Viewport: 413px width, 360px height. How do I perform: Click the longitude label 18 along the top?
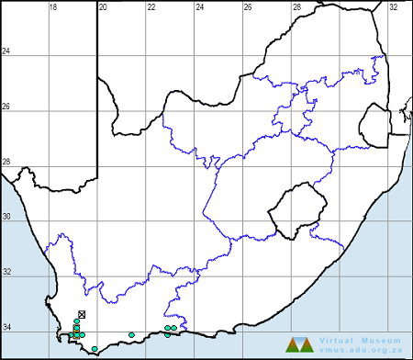click(53, 6)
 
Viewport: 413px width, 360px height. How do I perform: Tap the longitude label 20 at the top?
click(103, 6)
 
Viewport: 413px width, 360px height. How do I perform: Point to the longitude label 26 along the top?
click(248, 6)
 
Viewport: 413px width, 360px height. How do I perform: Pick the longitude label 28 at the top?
click(296, 6)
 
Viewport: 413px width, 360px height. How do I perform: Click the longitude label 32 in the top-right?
click(393, 6)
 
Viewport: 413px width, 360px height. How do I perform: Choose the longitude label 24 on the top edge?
click(199, 6)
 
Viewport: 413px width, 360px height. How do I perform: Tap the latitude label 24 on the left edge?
click(6, 51)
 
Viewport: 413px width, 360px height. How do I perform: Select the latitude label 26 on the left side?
click(6, 107)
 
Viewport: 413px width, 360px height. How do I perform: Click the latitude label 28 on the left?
click(6, 162)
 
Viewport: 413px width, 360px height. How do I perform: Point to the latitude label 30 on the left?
click(6, 218)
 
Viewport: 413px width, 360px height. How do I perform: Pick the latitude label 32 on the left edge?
click(6, 273)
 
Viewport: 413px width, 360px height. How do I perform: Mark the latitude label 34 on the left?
click(6, 328)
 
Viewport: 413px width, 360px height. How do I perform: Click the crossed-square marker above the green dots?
click(82, 315)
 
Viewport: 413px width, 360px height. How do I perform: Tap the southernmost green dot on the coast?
click(95, 349)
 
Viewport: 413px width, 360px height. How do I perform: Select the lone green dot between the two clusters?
click(132, 334)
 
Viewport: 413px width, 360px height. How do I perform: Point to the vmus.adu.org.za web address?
click(361, 350)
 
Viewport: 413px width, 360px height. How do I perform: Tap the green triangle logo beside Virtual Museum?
click(300, 345)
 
